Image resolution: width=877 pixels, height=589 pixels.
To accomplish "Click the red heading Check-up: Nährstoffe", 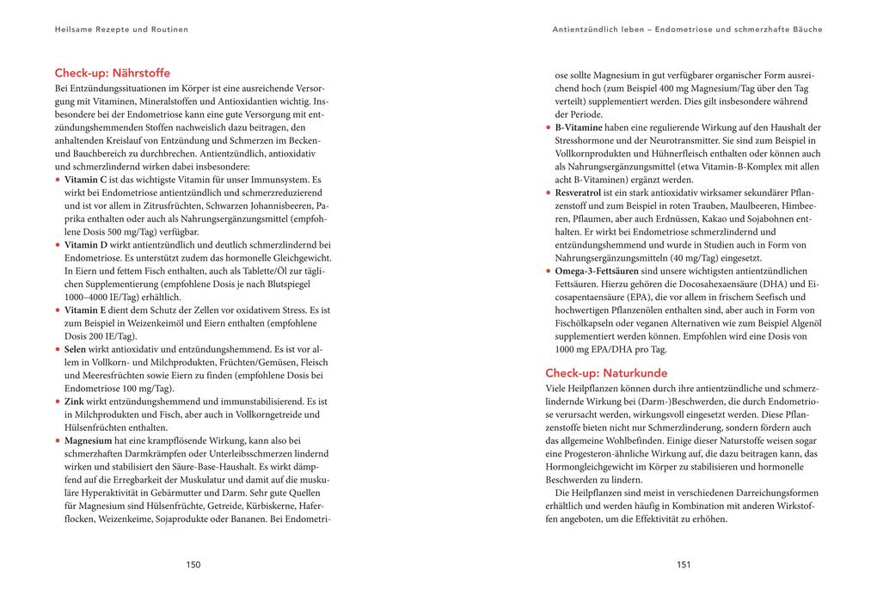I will [112, 73].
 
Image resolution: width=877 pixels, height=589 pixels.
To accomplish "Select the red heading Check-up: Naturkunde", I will [606, 373].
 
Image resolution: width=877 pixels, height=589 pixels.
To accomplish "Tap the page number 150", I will [193, 565].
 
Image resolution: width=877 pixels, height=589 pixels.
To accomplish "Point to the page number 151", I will [684, 565].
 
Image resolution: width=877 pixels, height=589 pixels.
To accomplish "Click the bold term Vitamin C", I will [86, 180].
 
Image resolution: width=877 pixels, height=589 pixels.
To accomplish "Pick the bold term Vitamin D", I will [87, 245].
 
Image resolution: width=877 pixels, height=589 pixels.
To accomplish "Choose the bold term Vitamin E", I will [86, 310].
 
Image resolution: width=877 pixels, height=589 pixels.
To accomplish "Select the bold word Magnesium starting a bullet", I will [89, 441].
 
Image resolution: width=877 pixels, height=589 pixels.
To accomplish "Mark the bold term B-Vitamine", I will [580, 127].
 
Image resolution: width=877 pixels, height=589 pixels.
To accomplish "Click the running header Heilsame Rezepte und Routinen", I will [121, 29].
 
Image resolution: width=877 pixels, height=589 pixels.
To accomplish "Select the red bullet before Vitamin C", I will [58, 180].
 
